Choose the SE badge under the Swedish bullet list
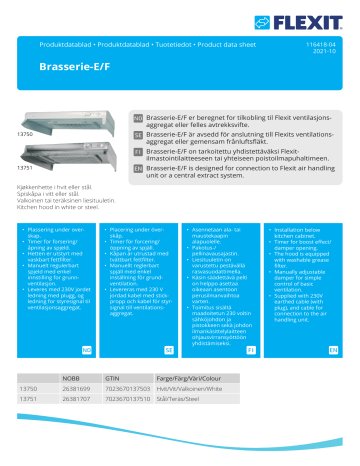coord(170,377)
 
